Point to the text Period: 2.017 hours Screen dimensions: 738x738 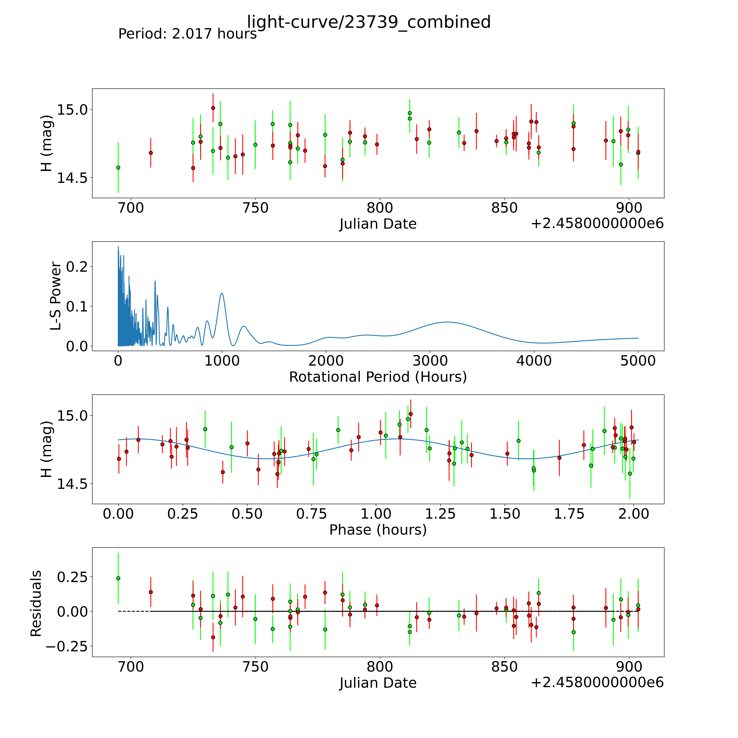click(x=187, y=34)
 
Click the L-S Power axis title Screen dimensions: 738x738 click(x=55, y=296)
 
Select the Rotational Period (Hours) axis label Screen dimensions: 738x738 click(x=378, y=377)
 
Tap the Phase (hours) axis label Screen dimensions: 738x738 click(x=378, y=530)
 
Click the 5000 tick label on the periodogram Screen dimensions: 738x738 click(x=638, y=361)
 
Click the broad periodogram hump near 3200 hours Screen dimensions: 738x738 click(x=447, y=322)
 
